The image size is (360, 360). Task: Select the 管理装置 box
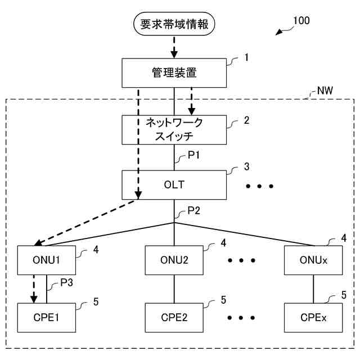point(174,73)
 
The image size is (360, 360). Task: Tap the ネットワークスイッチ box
point(174,129)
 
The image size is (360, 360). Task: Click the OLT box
point(174,184)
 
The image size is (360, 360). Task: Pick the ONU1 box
point(46,260)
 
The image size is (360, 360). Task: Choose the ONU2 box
point(174,260)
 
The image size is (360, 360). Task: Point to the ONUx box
point(313,260)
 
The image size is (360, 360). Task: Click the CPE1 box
point(46,317)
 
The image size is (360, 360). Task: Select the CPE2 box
point(174,317)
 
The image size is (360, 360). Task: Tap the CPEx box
point(313,317)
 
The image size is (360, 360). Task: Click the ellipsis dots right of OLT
point(260,186)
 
